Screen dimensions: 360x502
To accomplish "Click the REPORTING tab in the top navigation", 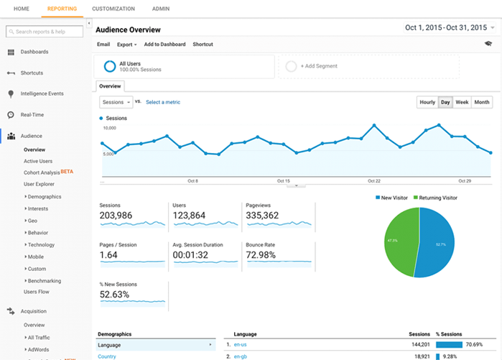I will coord(62,9).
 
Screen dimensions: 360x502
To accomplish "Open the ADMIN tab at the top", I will coord(161,9).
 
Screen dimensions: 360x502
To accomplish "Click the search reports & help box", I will coord(45,32).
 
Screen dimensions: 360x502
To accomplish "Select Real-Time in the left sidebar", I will coord(32,114).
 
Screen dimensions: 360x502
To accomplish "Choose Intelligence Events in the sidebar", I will coord(42,93).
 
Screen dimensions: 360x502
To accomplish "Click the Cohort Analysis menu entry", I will coord(42,172).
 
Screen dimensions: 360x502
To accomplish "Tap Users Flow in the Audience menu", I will coord(37,292).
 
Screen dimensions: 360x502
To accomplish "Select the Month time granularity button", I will coord(482,102).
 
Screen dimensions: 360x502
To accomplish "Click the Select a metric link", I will coord(163,102).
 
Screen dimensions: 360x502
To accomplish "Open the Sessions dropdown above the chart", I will coord(115,102).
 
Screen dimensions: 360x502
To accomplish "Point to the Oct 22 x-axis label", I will coord(373,181).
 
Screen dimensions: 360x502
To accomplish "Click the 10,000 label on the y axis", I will coord(109,128).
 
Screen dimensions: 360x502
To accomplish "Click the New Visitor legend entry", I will coord(394,198).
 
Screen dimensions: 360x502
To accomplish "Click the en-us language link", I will coord(241,345).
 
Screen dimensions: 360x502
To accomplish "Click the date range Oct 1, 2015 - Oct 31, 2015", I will coord(447,28).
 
